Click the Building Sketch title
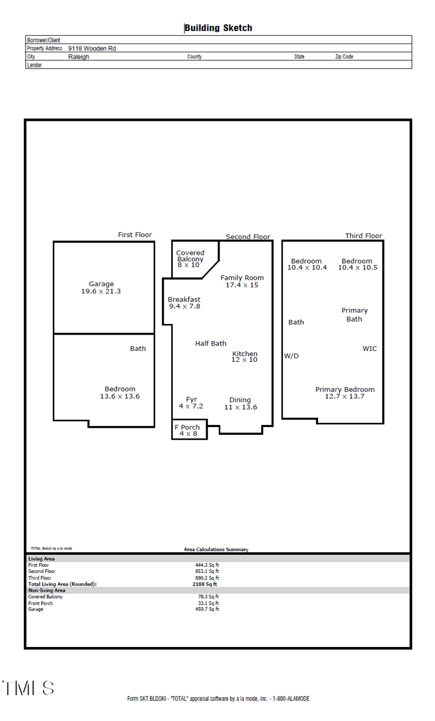[218, 28]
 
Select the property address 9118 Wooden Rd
[92, 48]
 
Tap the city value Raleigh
[78, 57]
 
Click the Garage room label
[101, 287]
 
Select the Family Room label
[242, 281]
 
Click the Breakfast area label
[184, 303]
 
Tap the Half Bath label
[210, 343]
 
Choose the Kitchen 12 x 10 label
[245, 356]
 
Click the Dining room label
[240, 403]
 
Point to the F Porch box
[189, 430]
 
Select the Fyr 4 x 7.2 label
[191, 403]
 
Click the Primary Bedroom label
[345, 392]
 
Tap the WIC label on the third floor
[370, 349]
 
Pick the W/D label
[291, 356]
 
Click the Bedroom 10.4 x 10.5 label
[357, 264]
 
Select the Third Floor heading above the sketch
[364, 236]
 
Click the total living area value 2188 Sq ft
[204, 584]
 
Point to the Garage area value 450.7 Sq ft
[208, 609]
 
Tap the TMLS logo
[28, 688]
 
